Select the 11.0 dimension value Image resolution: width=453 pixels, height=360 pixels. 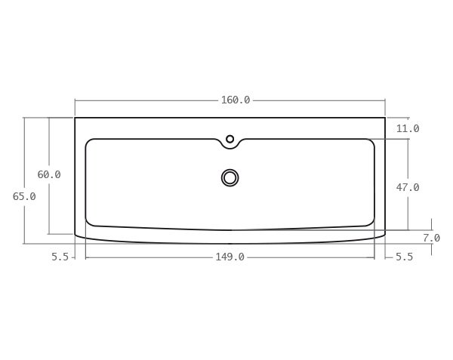(x=408, y=128)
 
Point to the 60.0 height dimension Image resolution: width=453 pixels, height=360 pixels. (x=49, y=174)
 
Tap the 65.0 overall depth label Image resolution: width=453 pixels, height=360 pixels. (x=24, y=196)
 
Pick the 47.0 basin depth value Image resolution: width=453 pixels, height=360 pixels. (x=408, y=187)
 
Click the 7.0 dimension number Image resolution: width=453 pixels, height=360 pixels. (x=431, y=238)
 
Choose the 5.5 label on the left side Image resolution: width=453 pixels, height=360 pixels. (x=60, y=257)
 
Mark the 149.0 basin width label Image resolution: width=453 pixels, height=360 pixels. (x=230, y=257)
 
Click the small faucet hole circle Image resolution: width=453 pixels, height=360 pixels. (x=230, y=139)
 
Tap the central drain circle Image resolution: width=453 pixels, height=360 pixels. (x=230, y=177)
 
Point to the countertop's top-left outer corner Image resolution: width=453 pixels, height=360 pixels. (x=75, y=118)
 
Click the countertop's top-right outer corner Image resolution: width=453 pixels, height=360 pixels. (x=385, y=118)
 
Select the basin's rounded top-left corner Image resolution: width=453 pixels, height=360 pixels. (x=89, y=142)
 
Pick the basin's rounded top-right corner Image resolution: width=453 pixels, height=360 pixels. (x=371, y=142)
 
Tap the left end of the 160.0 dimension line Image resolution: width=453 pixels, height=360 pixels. (x=75, y=100)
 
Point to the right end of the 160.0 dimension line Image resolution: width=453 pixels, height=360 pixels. (x=385, y=100)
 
